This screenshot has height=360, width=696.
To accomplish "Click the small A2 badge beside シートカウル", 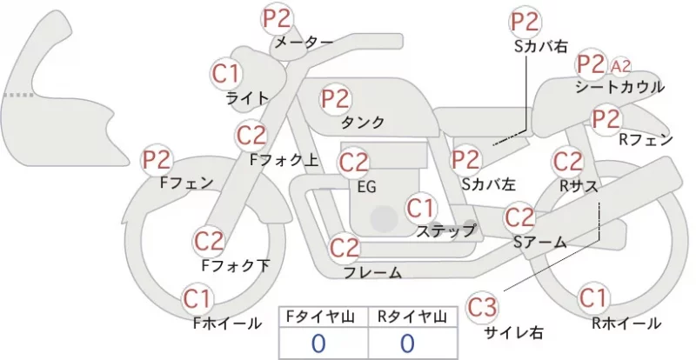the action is (620, 66).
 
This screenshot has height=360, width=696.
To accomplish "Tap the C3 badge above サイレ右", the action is (482, 307).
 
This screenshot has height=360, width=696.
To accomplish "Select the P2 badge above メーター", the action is (278, 19).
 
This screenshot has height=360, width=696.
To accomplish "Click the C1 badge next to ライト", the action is (226, 74).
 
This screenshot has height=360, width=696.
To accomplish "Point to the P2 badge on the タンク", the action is (336, 99).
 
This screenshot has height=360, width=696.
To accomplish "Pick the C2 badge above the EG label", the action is (354, 163).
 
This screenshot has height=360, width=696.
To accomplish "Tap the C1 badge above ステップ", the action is (422, 208).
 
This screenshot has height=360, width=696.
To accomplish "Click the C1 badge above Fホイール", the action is (197, 299).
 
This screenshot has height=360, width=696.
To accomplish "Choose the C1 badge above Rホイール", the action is (593, 297).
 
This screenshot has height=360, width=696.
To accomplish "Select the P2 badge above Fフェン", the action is (157, 160).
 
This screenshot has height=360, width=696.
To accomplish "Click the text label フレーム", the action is (373, 272).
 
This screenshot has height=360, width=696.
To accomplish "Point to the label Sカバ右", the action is (541, 47).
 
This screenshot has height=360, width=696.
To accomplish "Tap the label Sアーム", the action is (540, 243).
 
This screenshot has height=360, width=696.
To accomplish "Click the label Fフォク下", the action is (236, 265).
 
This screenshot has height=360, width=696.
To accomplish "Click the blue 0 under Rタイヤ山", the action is (407, 343).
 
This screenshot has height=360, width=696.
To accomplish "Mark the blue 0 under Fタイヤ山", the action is (318, 343).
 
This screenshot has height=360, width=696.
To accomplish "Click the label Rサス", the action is (579, 187).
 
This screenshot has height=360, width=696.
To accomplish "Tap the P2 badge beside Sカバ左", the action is (466, 160).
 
